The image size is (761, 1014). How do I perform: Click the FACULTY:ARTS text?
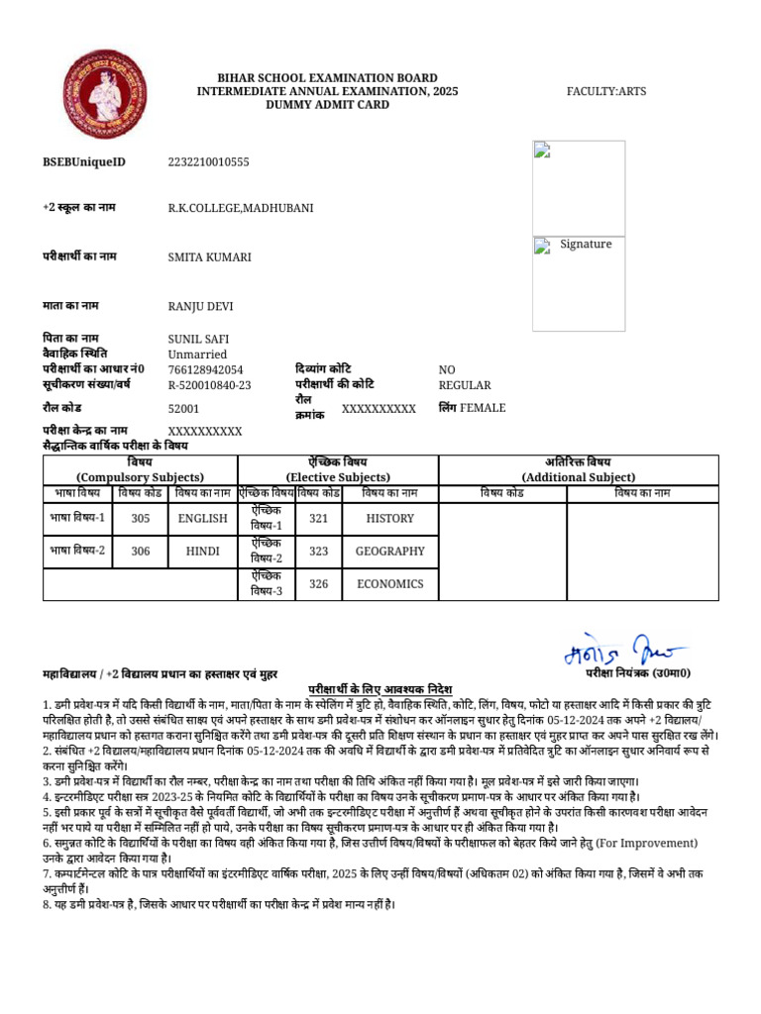(605, 91)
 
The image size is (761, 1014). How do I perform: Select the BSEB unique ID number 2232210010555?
(208, 161)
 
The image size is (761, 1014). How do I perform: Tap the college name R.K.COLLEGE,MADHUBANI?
(241, 208)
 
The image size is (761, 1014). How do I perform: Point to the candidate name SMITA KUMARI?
(209, 257)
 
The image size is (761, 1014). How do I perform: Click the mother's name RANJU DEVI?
(201, 306)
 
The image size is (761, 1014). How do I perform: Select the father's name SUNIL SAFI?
(198, 339)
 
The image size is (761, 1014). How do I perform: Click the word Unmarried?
(197, 355)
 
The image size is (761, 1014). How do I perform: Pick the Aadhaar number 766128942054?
(205, 369)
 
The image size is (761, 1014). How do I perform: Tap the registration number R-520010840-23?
(209, 385)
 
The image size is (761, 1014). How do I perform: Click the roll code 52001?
(183, 408)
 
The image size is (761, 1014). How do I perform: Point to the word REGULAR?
(464, 385)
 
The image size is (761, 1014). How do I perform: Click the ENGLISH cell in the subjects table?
(203, 518)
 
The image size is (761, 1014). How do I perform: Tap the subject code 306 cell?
(141, 552)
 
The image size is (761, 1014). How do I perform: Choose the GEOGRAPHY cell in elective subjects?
(389, 552)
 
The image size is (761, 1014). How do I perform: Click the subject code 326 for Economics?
(318, 584)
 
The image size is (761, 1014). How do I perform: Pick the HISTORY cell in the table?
(389, 518)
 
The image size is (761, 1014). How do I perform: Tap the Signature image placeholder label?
(585, 245)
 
